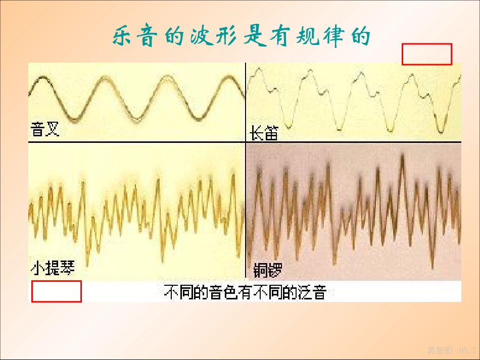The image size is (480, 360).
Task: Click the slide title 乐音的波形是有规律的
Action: (242, 36)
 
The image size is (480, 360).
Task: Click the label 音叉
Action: (45, 130)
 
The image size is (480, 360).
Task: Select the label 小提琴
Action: (53, 268)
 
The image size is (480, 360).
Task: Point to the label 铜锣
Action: (264, 269)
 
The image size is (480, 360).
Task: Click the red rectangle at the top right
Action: (426, 54)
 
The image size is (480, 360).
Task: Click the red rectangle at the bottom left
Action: (57, 291)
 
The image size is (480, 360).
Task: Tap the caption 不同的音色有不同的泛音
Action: (245, 292)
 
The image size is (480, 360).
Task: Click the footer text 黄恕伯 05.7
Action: (452, 350)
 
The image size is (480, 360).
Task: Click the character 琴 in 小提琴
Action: (67, 268)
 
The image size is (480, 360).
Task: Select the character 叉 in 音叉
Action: (52, 130)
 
